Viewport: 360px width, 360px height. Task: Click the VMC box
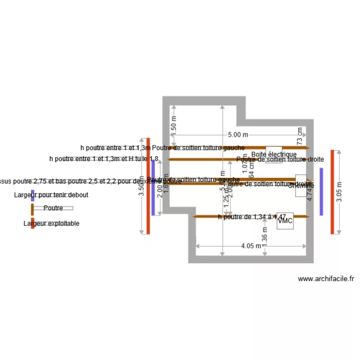(x=285, y=221)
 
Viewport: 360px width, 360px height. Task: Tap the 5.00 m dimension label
(x=238, y=135)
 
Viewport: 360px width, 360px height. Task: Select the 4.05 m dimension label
(x=251, y=246)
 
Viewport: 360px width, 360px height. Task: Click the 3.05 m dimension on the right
(x=340, y=192)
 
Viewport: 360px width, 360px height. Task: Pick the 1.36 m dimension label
(x=265, y=237)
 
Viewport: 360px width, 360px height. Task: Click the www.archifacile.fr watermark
(x=326, y=279)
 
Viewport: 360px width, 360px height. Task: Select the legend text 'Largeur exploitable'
(x=51, y=224)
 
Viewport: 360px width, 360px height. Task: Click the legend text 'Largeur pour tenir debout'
(x=51, y=195)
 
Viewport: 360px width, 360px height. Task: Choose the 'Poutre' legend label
(x=53, y=208)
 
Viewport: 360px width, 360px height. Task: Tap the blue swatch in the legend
(x=33, y=195)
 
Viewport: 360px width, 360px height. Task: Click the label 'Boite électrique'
(x=274, y=155)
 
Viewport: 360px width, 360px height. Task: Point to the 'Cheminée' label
(x=301, y=185)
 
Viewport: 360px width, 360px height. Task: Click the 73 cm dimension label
(x=300, y=137)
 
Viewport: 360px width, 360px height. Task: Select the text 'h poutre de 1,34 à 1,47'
(x=252, y=217)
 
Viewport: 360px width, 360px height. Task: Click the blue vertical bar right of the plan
(x=321, y=192)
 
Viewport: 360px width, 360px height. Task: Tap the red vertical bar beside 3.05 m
(x=332, y=192)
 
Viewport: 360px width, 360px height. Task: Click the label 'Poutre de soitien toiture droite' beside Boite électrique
(x=280, y=159)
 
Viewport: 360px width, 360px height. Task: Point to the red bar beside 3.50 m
(x=148, y=186)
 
